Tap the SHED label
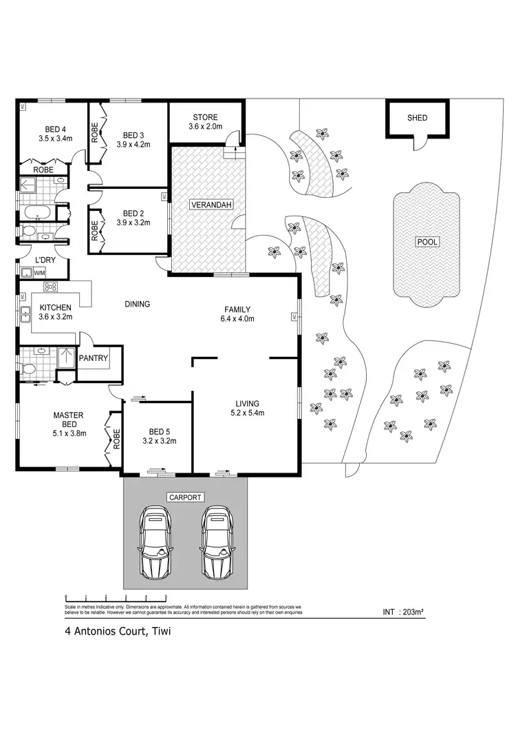pyautogui.click(x=417, y=118)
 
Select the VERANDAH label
pyautogui.click(x=211, y=205)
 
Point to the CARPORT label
pyautogui.click(x=184, y=497)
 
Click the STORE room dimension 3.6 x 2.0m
pyautogui.click(x=205, y=127)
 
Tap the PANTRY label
pyautogui.click(x=92, y=358)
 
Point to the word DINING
pyautogui.click(x=137, y=304)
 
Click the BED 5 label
pyautogui.click(x=155, y=431)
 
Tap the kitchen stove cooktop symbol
pyautogui.click(x=51, y=287)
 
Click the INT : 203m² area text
pyautogui.click(x=403, y=611)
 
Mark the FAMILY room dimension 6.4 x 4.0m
pyautogui.click(x=237, y=319)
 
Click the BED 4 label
pyautogui.click(x=55, y=129)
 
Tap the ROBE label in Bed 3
pyautogui.click(x=95, y=132)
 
